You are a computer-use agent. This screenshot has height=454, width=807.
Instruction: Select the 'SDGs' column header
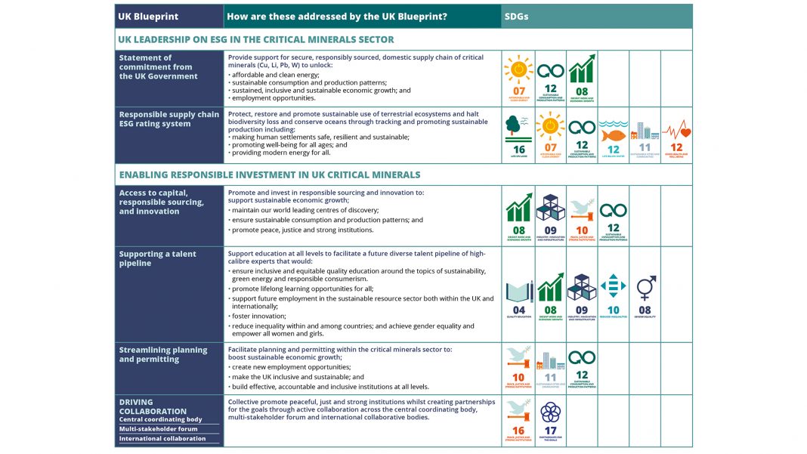tap(518, 16)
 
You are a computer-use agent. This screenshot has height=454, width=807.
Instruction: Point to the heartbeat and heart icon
tap(676, 130)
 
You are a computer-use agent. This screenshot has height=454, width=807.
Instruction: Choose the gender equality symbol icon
tap(645, 288)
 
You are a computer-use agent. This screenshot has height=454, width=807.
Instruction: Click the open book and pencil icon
tap(518, 291)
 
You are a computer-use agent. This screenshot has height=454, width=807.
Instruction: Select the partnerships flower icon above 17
tap(550, 412)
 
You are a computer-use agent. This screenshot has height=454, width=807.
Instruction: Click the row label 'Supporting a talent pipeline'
tap(157, 258)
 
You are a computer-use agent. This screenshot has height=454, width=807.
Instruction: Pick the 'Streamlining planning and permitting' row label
tap(162, 354)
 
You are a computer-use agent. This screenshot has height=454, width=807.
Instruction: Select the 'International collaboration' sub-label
tap(162, 439)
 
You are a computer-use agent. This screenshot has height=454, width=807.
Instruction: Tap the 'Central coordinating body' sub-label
tap(160, 419)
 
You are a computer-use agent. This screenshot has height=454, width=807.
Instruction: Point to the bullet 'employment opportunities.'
tap(274, 98)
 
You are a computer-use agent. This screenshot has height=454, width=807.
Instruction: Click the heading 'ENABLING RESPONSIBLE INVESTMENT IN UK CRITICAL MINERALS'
tap(269, 174)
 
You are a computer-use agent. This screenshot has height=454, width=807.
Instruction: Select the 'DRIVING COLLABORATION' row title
tap(153, 406)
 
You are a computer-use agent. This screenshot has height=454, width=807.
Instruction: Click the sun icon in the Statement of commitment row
tap(518, 69)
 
